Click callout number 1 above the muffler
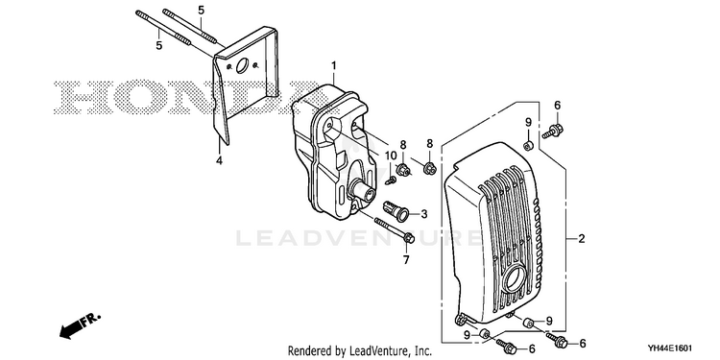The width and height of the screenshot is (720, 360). coord(334,65)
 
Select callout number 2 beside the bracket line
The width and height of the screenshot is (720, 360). coord(582,239)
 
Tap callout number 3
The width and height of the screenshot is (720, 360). coord(423,214)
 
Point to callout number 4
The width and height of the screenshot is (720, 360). coord(219,160)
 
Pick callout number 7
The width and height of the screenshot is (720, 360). coord(406,260)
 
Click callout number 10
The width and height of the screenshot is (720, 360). coord(391,156)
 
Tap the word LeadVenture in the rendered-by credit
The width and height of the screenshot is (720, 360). coord(378,351)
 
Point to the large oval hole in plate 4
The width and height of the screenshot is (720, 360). coord(242,65)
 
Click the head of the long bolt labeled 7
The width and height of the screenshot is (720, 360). coord(410,238)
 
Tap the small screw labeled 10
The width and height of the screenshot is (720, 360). coord(391,180)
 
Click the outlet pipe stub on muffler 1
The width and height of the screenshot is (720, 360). coord(363,191)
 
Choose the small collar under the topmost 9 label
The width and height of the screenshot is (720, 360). coord(528,146)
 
